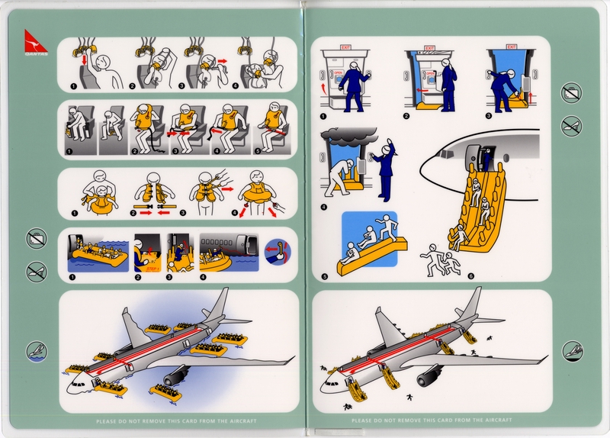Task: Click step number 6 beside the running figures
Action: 470,276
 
